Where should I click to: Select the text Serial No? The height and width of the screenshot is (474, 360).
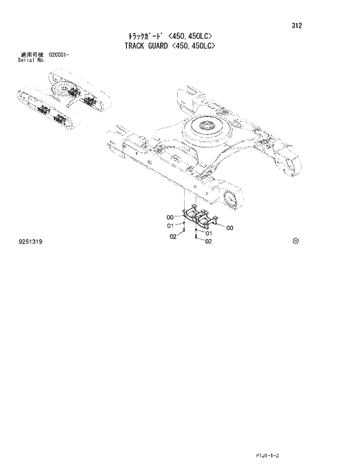(x=32, y=60)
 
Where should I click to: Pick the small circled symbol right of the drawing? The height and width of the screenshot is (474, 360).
(x=295, y=240)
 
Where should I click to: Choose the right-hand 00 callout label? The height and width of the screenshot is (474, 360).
(x=230, y=228)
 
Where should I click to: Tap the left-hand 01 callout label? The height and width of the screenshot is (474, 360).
(x=171, y=226)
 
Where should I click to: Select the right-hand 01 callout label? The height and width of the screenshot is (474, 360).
(x=208, y=234)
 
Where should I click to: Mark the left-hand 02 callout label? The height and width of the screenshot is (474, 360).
(x=172, y=236)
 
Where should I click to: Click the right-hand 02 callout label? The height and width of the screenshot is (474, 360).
(x=208, y=242)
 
